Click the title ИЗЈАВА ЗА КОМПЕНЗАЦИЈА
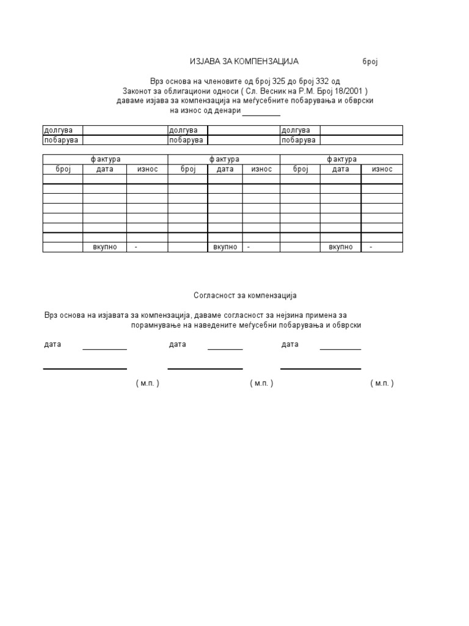pos(244,62)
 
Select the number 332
pos(321,81)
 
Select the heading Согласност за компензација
pos(245,295)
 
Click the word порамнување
pos(156,325)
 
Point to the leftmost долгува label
pos(57,130)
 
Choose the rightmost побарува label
pos(299,140)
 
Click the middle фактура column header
pos(224,160)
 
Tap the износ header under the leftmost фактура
pos(147,169)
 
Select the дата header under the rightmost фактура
pos(340,169)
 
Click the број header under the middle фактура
pos(187,169)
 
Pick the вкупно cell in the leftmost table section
pos(105,247)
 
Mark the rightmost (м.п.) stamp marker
pos(382,383)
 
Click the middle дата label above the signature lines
pos(177,345)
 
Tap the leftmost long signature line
pos(85,369)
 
